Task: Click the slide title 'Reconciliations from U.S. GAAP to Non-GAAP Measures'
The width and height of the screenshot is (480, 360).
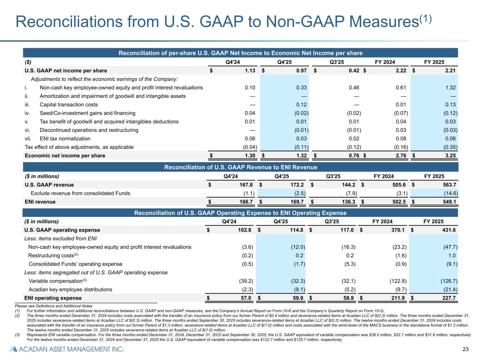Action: [x=224, y=22]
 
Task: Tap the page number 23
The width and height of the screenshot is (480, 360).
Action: [x=466, y=349]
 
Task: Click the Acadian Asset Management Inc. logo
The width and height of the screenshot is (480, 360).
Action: [x=66, y=349]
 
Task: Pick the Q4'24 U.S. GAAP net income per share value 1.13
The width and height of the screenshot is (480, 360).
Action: [x=250, y=71]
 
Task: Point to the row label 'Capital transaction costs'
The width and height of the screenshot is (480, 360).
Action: [x=69, y=104]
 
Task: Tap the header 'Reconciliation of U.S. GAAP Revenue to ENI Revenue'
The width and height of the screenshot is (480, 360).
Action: [x=241, y=167]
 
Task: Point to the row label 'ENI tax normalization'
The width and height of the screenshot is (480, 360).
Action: [x=65, y=139]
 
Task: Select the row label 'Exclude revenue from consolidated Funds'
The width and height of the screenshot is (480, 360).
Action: [x=81, y=193]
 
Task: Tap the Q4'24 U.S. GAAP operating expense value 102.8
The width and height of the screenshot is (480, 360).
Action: [x=244, y=230]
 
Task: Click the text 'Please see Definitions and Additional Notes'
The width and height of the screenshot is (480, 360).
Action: [x=53, y=306]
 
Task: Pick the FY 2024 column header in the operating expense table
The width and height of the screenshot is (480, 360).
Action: [x=382, y=221]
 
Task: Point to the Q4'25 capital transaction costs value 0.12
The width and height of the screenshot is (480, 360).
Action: [x=301, y=104]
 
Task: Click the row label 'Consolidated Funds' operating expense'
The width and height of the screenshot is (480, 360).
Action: [x=75, y=264]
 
